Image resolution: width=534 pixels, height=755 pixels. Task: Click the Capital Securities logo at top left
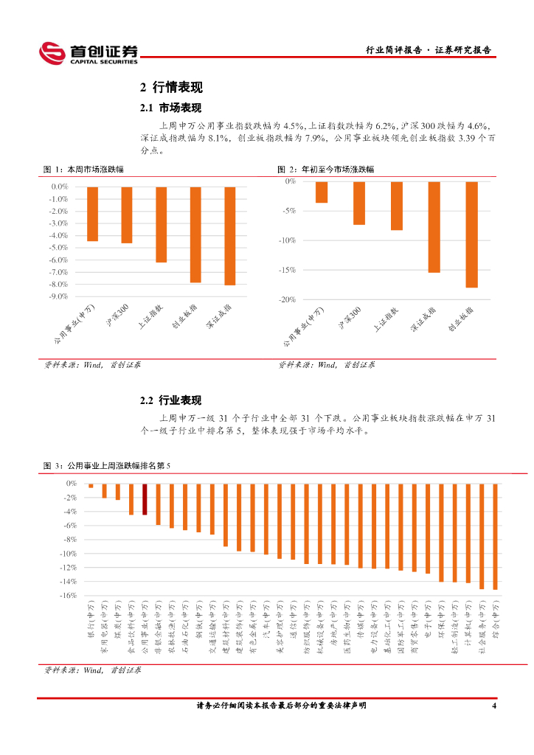(x=88, y=52)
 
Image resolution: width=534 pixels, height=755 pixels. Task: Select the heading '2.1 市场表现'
(x=170, y=108)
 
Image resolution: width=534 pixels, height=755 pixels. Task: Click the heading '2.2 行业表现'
(x=170, y=400)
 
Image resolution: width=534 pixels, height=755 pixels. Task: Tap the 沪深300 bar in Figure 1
(x=127, y=215)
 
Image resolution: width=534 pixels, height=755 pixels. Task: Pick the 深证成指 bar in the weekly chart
(x=230, y=235)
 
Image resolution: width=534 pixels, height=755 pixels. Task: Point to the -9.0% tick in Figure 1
(x=58, y=296)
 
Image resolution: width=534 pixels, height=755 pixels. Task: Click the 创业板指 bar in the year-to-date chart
(x=472, y=234)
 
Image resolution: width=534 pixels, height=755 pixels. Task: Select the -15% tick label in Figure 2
(x=287, y=270)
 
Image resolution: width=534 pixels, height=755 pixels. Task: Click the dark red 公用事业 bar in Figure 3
(x=145, y=499)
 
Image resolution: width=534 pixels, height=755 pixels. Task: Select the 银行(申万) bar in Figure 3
(x=91, y=486)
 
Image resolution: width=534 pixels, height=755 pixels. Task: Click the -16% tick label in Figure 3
(x=69, y=596)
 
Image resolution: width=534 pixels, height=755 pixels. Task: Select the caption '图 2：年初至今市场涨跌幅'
(x=325, y=170)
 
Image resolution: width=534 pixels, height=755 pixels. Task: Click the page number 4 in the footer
(x=494, y=706)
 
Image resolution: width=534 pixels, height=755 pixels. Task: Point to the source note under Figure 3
(x=92, y=670)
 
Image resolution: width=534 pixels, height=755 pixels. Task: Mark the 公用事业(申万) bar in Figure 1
(x=92, y=214)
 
